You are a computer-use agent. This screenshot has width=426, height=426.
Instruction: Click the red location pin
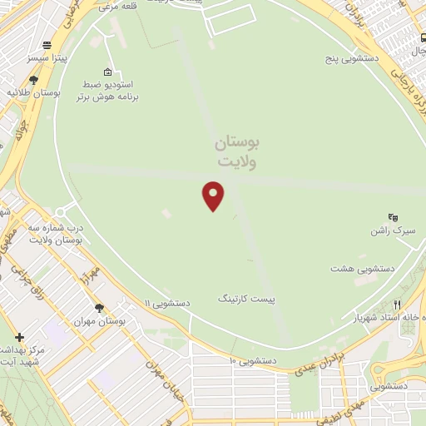tap(214, 195)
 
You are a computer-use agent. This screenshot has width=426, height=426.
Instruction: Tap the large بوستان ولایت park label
tap(236, 152)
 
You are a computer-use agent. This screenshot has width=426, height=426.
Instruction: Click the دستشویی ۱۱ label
tap(166, 304)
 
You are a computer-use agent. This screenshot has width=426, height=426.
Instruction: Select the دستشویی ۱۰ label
tap(253, 360)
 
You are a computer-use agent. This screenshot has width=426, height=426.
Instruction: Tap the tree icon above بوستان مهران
tap(99, 307)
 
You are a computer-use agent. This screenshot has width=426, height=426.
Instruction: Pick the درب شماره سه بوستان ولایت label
tap(57, 234)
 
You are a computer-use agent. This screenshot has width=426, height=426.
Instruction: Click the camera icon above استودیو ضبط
tap(106, 72)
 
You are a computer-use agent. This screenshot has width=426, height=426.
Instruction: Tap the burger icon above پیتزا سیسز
tap(47, 46)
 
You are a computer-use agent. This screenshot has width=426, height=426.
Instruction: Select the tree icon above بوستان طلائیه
tap(32, 80)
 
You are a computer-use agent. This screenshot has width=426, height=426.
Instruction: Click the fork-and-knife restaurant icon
tap(398, 305)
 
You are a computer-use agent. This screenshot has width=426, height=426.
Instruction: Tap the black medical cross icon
tap(19, 336)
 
